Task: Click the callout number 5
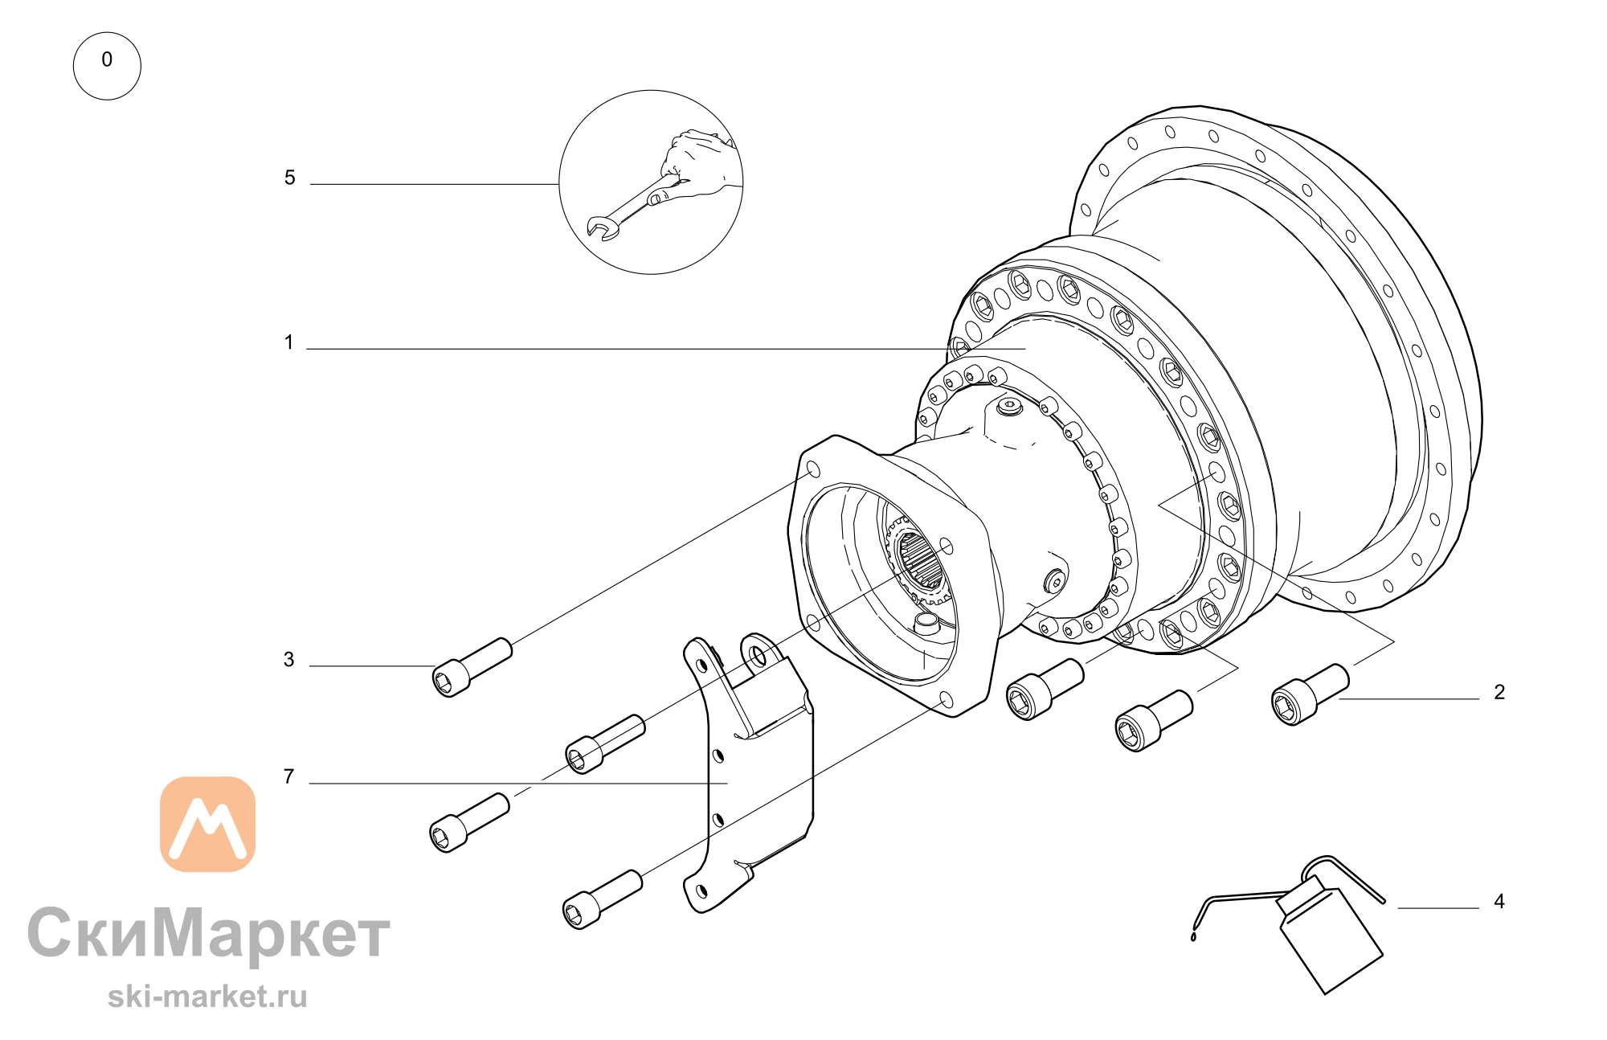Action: click(289, 178)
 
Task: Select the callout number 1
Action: click(288, 342)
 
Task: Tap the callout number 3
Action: click(288, 660)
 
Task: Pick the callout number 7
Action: click(288, 776)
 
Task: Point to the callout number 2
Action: click(1499, 692)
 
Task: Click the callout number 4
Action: click(1499, 901)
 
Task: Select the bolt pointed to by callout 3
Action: click(472, 667)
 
